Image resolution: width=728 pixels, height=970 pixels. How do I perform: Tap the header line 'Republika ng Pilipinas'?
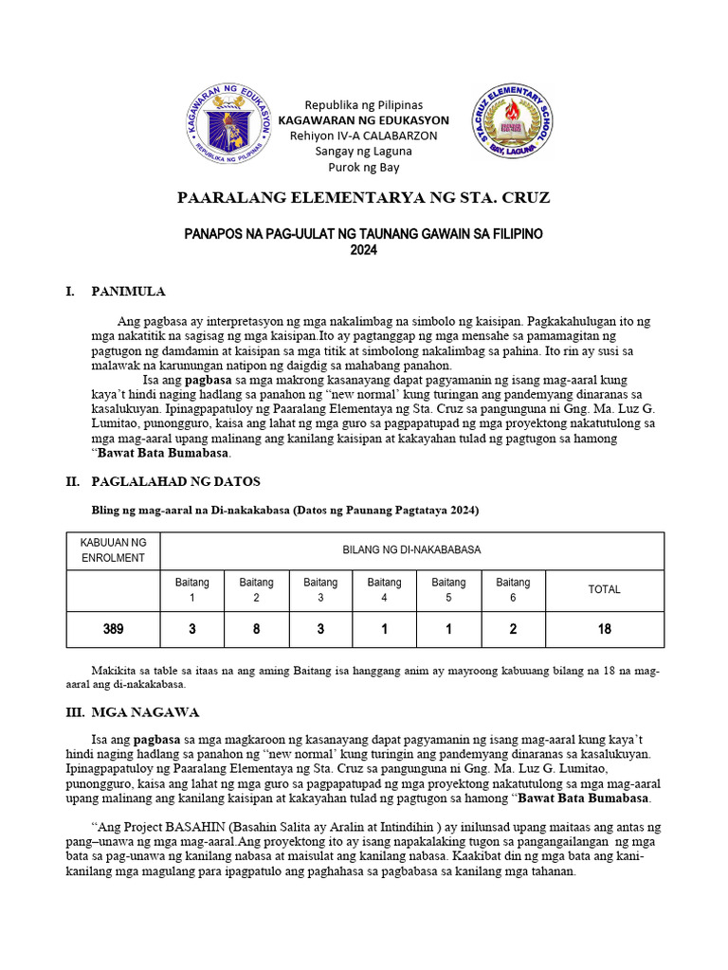point(363,104)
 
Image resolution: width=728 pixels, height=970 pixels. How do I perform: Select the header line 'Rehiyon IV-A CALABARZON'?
point(363,135)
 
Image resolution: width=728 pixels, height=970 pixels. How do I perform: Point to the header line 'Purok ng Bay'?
point(363,167)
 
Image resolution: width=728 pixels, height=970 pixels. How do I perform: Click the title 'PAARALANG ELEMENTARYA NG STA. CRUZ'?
point(363,198)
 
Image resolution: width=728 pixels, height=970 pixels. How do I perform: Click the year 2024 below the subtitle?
point(363,250)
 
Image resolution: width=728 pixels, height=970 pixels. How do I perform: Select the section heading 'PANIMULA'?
point(128,291)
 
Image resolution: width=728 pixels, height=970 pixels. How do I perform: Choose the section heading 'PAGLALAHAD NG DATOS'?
point(175,482)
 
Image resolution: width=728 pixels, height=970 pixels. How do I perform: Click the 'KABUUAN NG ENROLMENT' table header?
point(113,550)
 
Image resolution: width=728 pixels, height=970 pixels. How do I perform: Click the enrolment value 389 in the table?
point(113,629)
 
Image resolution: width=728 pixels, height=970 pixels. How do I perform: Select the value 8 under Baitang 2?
point(256,629)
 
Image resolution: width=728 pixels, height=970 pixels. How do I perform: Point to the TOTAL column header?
point(604,589)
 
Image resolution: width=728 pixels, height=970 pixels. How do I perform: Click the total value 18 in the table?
point(604,629)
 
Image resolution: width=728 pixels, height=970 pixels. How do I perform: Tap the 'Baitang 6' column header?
point(513,589)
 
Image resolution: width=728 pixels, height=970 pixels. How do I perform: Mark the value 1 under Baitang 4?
point(384,629)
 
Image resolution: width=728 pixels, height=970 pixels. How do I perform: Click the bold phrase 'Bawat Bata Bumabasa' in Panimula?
point(152,453)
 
